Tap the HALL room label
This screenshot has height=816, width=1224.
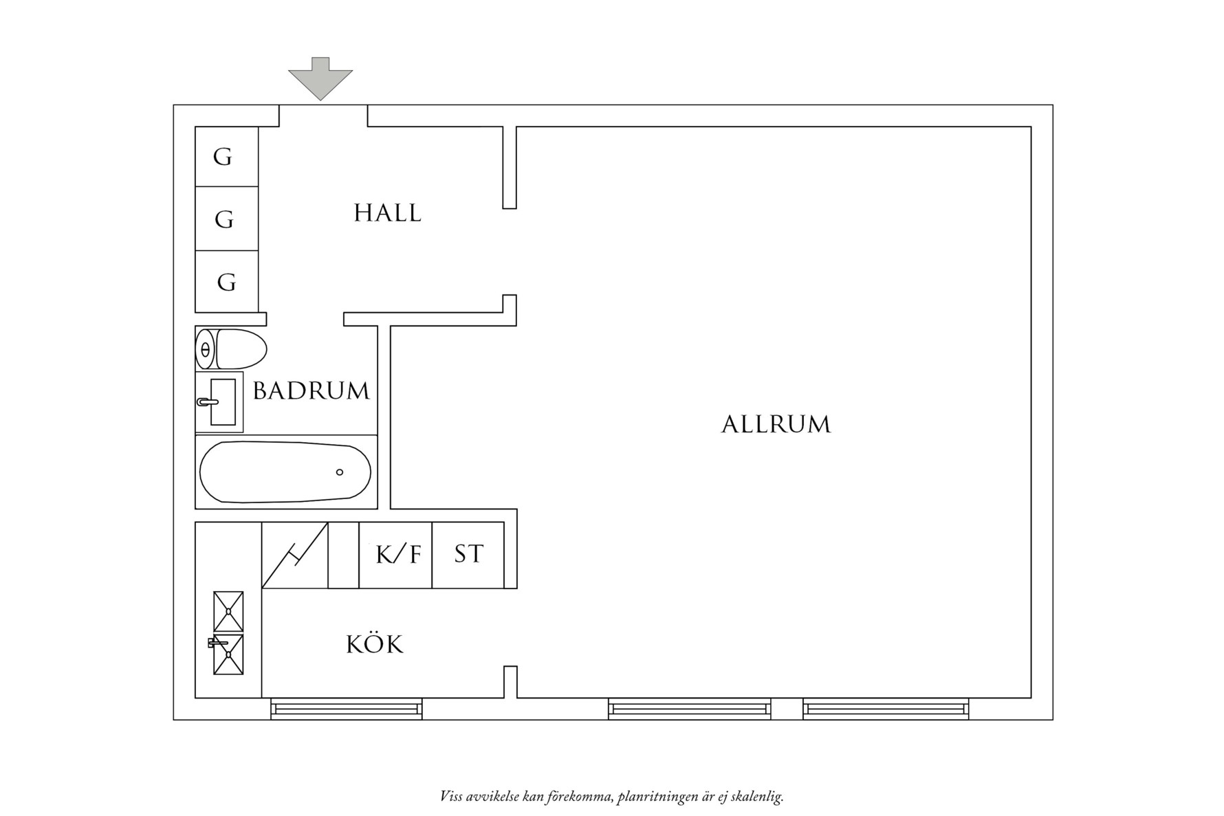point(387,213)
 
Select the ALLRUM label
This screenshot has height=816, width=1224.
point(776,424)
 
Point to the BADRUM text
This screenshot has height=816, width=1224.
point(311,391)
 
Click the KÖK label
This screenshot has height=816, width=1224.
point(374,645)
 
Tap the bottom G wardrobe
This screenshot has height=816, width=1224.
point(226,282)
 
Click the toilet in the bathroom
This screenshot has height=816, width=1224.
point(231,349)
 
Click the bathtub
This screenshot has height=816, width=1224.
point(285,472)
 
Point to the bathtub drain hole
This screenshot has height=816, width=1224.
point(340,472)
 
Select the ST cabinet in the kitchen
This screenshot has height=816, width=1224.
point(468,555)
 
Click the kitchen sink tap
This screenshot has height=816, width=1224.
point(216,643)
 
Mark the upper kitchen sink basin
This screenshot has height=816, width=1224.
point(228,611)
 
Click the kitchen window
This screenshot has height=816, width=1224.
point(346,708)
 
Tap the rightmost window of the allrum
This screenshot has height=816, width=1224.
point(886,708)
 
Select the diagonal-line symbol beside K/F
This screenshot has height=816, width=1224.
point(295,555)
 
